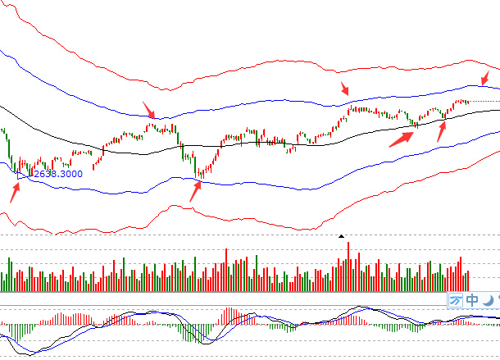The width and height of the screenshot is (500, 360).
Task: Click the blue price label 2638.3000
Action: tap(57, 174)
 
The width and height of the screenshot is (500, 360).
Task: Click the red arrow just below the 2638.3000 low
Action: tap(15, 192)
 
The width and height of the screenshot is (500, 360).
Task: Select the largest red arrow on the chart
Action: tap(400, 135)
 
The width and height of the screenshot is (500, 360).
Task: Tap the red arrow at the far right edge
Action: tap(485, 78)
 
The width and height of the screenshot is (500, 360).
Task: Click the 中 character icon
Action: tap(472, 300)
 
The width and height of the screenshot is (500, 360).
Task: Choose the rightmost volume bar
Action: tap(468, 281)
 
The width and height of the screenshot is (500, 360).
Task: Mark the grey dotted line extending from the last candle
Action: tap(484, 101)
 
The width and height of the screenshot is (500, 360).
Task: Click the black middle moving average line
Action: tap(246, 143)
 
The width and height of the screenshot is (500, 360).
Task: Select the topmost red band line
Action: tap(246, 67)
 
